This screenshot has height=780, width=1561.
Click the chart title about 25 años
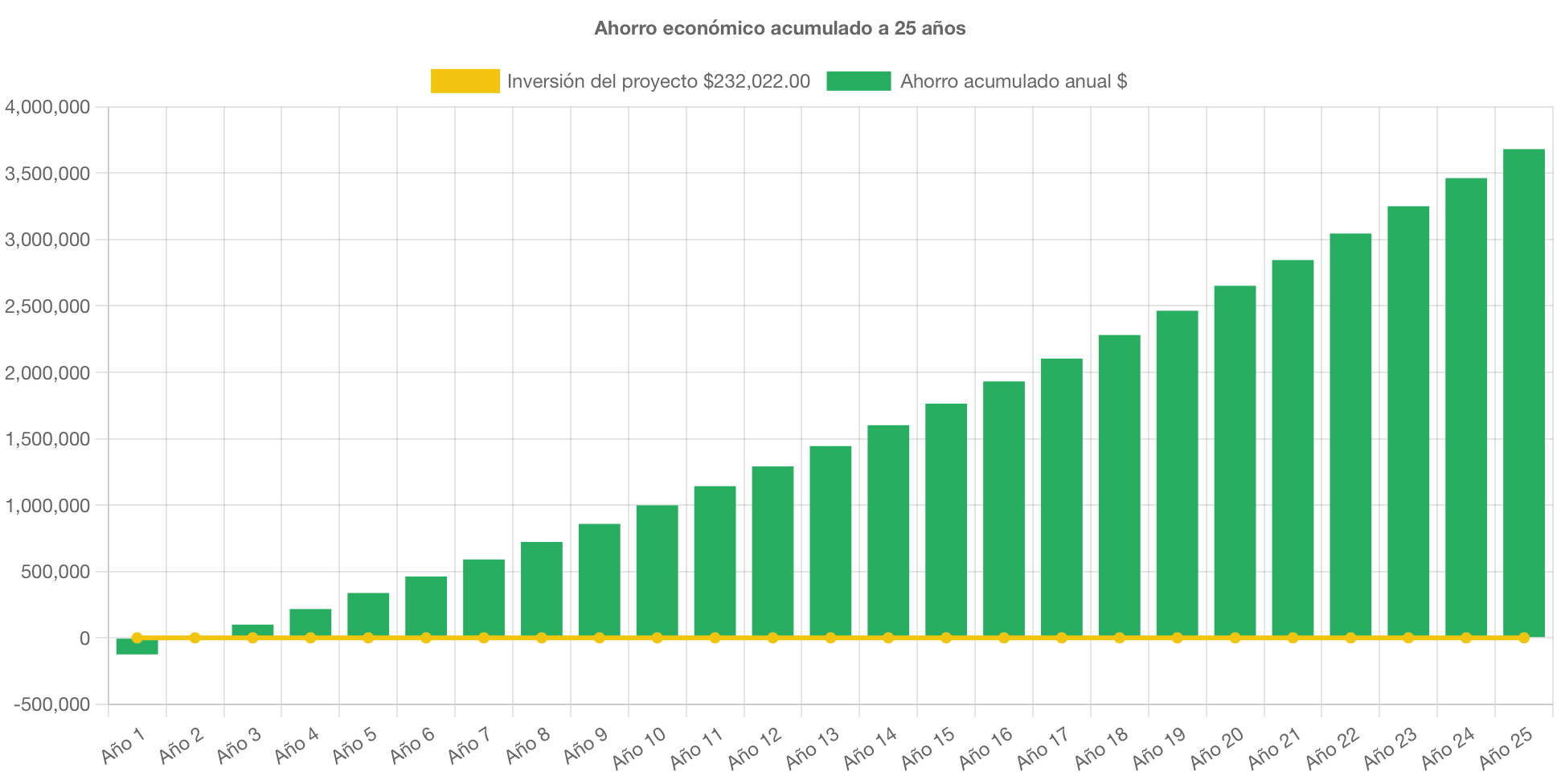coord(780,29)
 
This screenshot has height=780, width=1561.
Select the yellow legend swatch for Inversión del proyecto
coord(465,81)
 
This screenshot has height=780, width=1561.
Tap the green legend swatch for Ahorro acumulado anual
coord(858,81)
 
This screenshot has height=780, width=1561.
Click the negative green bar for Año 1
coord(137,647)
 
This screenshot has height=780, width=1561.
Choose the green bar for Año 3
coord(252,630)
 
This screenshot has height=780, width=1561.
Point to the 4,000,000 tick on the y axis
coord(47,107)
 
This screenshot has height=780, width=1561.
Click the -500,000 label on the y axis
coord(51,705)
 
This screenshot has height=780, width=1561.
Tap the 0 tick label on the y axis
coord(84,638)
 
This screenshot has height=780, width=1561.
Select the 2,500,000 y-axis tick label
coord(47,306)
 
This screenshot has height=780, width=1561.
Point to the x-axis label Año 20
coord(1216,748)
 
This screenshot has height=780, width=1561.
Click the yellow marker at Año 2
coord(195,638)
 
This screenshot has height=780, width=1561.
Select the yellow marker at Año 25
coord(1523,638)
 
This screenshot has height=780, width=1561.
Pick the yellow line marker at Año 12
coord(772,638)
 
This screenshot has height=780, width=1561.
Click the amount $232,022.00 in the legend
coord(756,81)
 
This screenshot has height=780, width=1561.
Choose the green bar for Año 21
coord(1293,448)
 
